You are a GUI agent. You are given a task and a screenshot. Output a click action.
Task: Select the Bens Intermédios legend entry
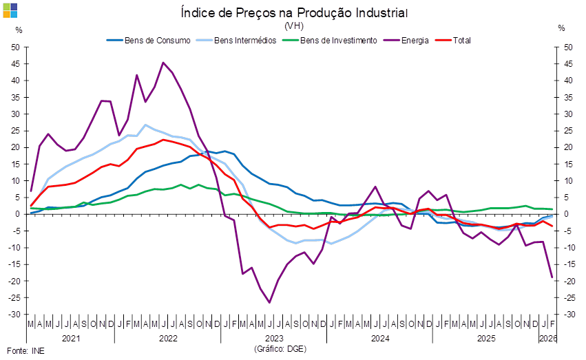pos(245,40)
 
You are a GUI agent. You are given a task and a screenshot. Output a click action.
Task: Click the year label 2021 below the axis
pos(71,339)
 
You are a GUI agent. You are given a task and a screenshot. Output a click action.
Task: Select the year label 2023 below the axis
pos(274,339)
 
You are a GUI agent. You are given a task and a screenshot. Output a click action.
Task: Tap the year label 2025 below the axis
pos(486,339)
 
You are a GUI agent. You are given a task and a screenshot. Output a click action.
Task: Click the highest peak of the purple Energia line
pos(163,63)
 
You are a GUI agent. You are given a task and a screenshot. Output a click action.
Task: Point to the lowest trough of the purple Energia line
pos(269,302)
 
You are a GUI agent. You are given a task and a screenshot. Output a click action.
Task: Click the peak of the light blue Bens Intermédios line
pos(145,125)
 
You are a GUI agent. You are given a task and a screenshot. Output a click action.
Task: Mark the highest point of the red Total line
pos(163,140)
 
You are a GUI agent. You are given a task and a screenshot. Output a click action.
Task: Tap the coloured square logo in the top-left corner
pos(10,10)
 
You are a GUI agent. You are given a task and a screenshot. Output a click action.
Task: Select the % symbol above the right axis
pos(563,29)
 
